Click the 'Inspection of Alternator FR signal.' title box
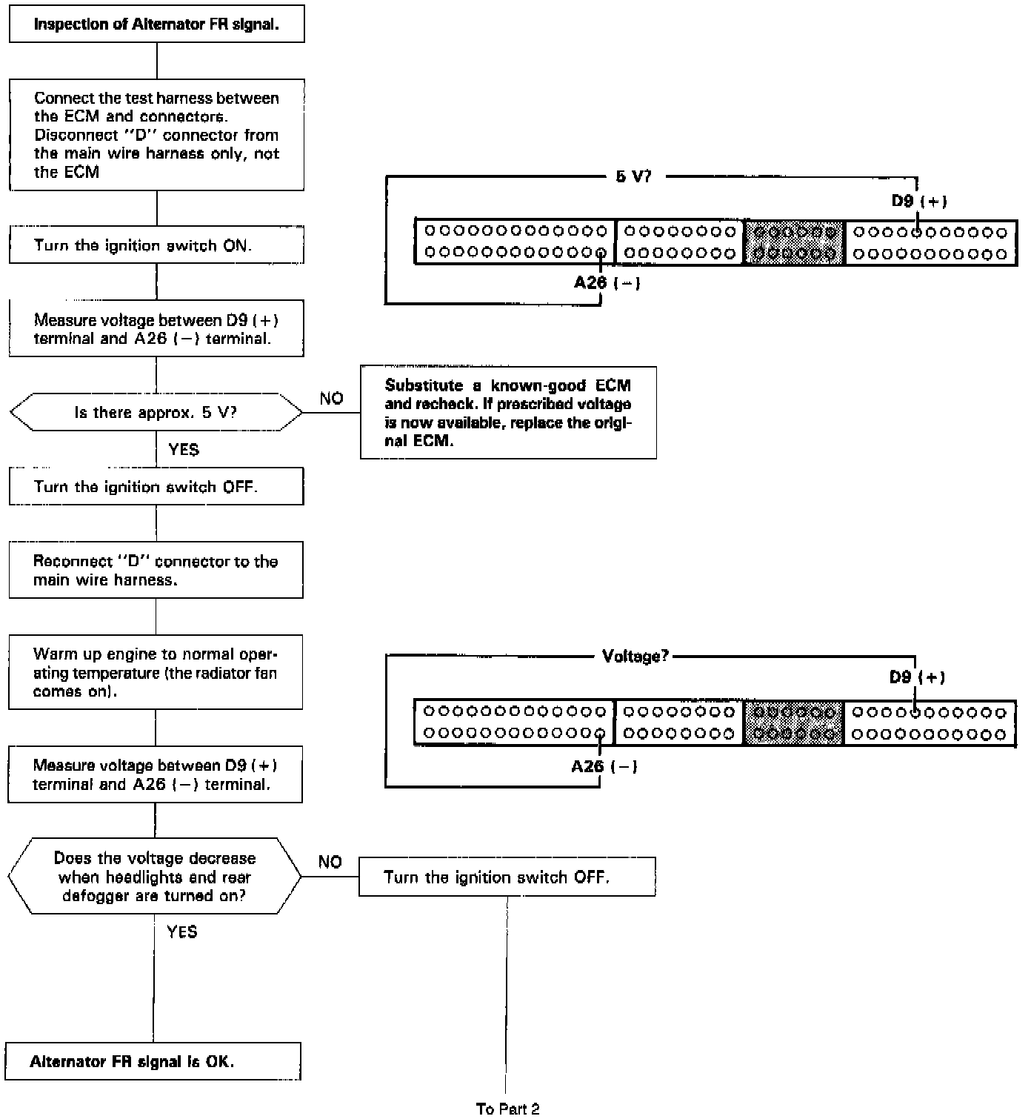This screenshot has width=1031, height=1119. (x=156, y=24)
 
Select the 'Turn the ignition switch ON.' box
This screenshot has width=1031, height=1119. (x=156, y=245)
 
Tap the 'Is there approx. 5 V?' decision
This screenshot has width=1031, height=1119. (x=156, y=412)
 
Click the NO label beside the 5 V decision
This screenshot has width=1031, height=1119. (x=331, y=399)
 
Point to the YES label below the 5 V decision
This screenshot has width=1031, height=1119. (x=183, y=450)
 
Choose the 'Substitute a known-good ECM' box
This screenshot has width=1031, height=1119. (x=508, y=413)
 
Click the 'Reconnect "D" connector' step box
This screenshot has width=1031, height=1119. (x=156, y=570)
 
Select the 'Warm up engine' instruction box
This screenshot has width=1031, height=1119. (x=156, y=672)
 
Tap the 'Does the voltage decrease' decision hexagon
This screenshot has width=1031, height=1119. (x=155, y=877)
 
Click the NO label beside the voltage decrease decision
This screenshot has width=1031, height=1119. (x=330, y=862)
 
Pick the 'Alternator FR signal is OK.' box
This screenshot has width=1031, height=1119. (x=153, y=1061)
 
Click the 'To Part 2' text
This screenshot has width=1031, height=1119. (x=507, y=1109)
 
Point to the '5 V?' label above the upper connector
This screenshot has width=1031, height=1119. (x=633, y=177)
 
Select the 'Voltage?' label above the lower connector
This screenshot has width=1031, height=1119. (x=635, y=657)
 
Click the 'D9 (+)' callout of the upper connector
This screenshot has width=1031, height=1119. (x=918, y=202)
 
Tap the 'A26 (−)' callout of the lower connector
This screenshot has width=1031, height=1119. (x=604, y=766)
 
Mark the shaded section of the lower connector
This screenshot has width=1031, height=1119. (x=793, y=723)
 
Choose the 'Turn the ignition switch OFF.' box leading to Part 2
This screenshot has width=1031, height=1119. (x=507, y=877)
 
